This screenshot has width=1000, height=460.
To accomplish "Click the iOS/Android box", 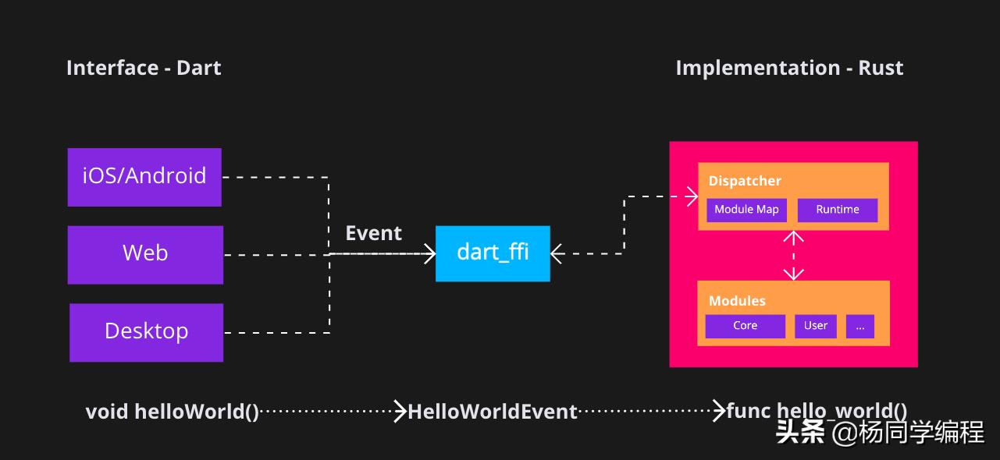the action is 144,177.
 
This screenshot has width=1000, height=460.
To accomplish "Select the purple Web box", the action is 145,254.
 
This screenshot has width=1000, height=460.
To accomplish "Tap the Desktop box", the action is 147,332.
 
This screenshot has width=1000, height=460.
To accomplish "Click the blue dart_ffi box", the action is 493,253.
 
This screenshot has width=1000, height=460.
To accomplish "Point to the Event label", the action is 374,233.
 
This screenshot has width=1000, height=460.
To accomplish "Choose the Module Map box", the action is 746,210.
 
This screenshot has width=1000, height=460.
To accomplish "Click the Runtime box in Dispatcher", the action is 838,210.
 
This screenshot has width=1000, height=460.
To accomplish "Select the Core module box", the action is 745,326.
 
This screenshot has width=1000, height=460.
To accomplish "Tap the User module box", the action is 816,326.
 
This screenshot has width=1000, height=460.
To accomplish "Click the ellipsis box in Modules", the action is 860,326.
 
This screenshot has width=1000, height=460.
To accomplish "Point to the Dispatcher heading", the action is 745,181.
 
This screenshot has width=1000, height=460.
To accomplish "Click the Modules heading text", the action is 737,301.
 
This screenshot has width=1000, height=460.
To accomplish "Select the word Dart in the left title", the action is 198,68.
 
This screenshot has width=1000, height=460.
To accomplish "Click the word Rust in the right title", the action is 881,68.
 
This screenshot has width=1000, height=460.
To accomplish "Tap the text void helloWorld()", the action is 173,411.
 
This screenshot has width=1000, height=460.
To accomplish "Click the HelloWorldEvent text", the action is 493,411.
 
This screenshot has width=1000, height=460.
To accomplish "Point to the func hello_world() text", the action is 817,411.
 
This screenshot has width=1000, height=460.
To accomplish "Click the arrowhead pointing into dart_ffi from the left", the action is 430,253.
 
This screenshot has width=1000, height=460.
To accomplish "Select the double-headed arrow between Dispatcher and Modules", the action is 793,256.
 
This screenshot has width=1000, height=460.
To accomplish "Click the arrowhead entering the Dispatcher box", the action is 692,196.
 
